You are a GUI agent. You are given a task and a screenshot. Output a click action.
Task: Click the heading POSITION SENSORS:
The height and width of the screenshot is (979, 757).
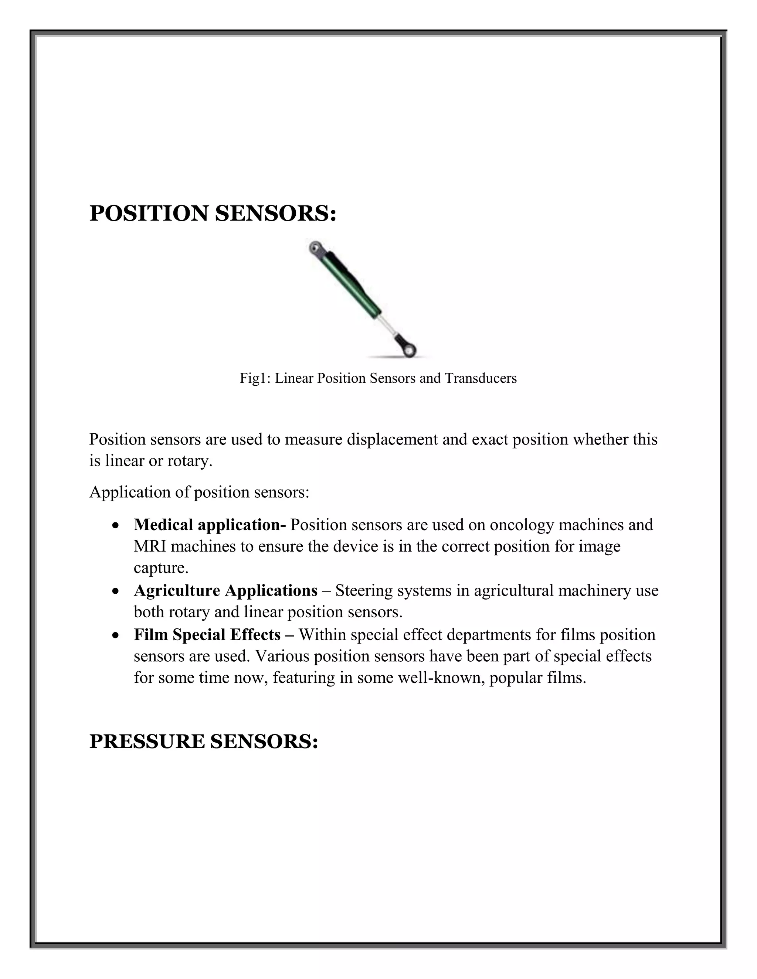coord(213,214)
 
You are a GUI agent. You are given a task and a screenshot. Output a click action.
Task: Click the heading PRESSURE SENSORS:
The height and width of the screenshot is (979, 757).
coord(204,741)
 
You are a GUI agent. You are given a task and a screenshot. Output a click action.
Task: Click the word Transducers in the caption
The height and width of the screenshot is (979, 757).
coord(481,378)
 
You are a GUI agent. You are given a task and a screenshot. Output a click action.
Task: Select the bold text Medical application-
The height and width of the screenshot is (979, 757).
coord(210,525)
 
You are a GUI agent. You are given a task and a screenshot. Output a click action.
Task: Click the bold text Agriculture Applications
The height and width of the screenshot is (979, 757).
coord(225,590)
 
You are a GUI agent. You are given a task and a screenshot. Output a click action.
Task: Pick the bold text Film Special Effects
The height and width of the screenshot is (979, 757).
coord(207,635)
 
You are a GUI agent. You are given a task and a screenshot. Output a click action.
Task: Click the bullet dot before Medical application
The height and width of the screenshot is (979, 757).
coord(116,525)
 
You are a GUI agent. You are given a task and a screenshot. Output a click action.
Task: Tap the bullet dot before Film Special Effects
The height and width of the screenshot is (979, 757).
coord(116,636)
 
